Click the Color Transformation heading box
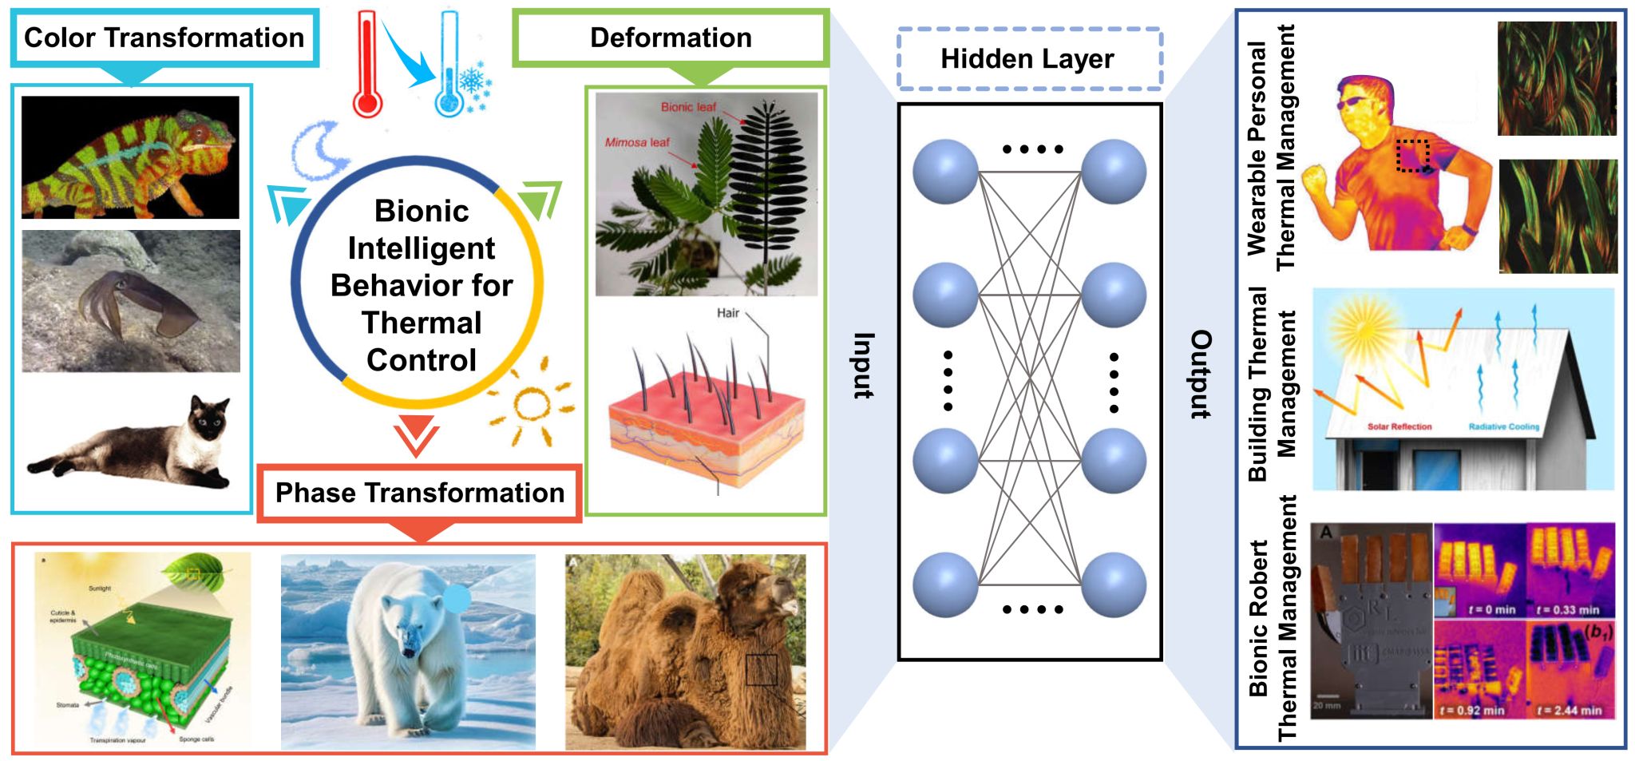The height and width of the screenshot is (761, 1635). (x=164, y=38)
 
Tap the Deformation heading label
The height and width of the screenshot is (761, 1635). (x=671, y=38)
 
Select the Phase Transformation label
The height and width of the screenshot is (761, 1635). (x=420, y=493)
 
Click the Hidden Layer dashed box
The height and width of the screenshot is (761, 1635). (x=1028, y=58)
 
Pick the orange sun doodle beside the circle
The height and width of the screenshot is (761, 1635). (x=531, y=403)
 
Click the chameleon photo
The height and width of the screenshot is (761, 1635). (x=130, y=157)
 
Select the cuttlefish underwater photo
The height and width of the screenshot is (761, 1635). (x=131, y=301)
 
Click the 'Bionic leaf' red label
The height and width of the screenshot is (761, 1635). (x=688, y=107)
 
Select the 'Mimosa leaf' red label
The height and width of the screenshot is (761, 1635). (x=636, y=143)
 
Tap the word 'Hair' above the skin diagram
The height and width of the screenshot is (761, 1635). (x=727, y=313)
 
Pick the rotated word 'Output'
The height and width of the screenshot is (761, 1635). (x=1201, y=374)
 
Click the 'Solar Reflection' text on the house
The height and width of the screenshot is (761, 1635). (x=1399, y=427)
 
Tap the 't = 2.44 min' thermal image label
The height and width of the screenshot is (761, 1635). (x=1569, y=710)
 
